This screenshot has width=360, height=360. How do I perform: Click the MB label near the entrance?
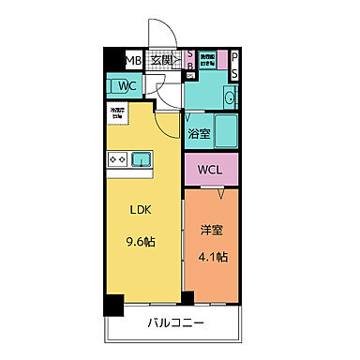134,62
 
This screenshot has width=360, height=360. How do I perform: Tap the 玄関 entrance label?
161,61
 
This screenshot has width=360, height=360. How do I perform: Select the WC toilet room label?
128,87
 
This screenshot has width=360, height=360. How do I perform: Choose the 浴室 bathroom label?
199,134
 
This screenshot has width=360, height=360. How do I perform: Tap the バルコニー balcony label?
175,325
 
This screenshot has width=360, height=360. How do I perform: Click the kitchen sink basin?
142,159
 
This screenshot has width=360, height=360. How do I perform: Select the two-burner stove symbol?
117,159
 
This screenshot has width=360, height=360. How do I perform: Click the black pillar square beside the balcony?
113,305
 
